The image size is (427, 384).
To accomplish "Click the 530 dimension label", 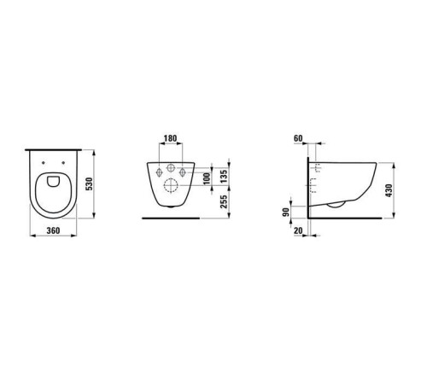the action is coord(89,184).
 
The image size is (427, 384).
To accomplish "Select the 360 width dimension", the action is coord(53,230).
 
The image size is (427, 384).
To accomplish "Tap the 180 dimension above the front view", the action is coord(171,138).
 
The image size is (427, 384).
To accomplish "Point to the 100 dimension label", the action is coord(208,178).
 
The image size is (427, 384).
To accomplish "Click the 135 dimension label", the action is coord(224,177).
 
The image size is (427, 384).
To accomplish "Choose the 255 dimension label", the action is coord(224,201).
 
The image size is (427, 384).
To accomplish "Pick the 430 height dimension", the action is coord(389,190).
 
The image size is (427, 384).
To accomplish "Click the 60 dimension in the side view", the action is coord(298,138).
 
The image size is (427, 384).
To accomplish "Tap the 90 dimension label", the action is coord(286,212).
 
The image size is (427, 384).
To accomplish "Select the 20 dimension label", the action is coord(298,230).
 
